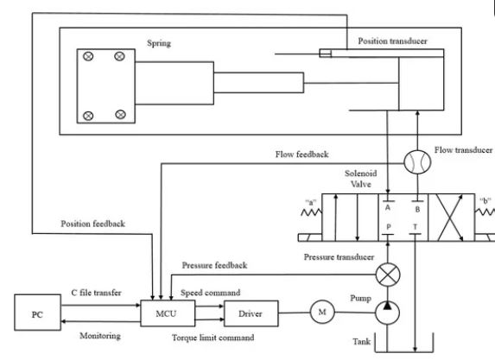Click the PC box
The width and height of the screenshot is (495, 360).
[x=36, y=313]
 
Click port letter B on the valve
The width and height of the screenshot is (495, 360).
[x=419, y=208]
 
